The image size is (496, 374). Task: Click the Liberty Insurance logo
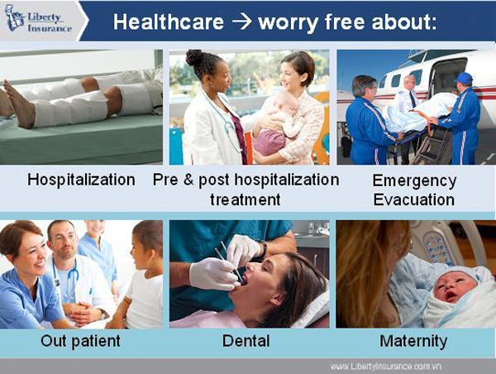39,20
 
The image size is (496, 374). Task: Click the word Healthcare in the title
169,22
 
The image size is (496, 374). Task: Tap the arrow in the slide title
242,22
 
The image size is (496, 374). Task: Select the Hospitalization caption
81,180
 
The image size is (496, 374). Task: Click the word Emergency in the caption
414,181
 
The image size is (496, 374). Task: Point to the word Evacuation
414,200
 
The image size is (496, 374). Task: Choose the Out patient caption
81,342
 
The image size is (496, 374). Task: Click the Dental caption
246,341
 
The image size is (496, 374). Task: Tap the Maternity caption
413,342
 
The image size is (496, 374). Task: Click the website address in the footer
385,367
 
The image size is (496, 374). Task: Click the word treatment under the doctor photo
246,200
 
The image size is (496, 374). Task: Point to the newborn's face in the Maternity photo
454,288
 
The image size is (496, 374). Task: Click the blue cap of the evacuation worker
464,78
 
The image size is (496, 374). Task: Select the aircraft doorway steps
432,142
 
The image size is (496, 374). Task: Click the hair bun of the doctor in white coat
194,58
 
